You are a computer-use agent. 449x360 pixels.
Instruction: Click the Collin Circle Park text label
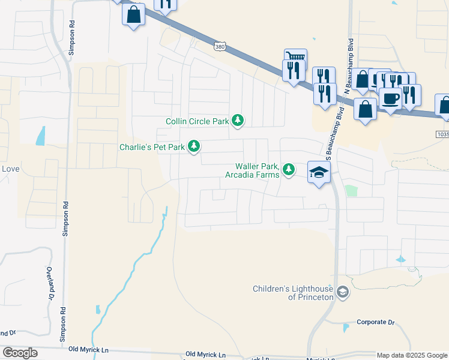[x=197, y=122]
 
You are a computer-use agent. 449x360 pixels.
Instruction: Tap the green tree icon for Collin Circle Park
[x=238, y=121]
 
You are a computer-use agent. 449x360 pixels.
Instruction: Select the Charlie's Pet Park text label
[x=152, y=147]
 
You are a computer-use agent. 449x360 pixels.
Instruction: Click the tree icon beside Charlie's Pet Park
[x=194, y=146]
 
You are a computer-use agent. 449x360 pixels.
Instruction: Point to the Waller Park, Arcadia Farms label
[x=252, y=170]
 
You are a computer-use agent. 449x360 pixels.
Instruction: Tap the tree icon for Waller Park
[x=289, y=170]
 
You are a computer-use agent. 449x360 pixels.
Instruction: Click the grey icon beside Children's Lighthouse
[x=343, y=293]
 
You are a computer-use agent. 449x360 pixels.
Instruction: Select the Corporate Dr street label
[x=376, y=322]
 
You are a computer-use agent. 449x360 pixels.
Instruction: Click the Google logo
[x=20, y=353]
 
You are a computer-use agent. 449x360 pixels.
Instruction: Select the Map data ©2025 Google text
[x=412, y=355]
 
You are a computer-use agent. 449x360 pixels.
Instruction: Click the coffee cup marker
[x=390, y=98]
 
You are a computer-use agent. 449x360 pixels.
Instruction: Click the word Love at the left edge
[x=10, y=169]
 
